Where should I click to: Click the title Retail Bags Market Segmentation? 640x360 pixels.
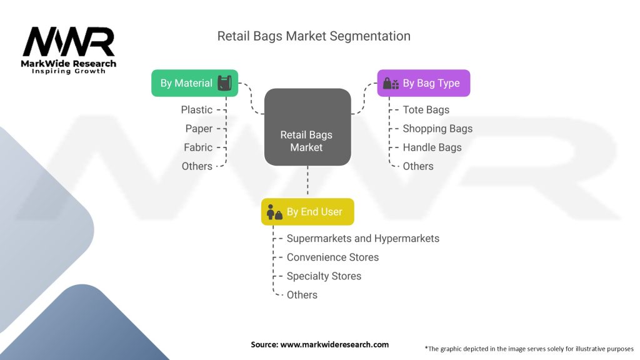314,36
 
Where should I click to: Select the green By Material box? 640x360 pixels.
194,83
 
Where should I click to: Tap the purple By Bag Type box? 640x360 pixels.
423,83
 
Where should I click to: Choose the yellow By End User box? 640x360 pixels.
307,212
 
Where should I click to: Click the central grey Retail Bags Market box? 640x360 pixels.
307,127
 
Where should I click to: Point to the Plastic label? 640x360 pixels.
197,110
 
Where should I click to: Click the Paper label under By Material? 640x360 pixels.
199,129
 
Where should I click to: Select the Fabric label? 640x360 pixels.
198,147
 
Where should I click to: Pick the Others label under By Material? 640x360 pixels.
197,166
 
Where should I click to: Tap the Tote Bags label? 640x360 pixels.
426,110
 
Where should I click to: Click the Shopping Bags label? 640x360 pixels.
437,129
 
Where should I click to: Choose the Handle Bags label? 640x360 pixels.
432,147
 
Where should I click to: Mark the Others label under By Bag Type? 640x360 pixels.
418,166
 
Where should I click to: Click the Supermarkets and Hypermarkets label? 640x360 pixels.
362,239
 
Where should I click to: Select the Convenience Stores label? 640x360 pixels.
332,257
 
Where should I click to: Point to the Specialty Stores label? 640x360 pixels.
324,276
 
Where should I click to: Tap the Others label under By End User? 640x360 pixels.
302,295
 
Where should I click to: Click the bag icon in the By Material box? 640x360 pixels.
224,83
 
